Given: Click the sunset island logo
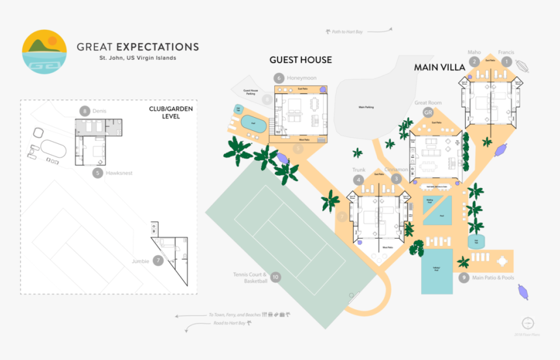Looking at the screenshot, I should (44, 52).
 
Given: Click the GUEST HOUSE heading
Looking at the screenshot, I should (301, 60).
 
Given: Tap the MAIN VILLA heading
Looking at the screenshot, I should (440, 67).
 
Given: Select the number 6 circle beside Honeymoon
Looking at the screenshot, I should (279, 78).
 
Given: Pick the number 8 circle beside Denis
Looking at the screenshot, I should (83, 111).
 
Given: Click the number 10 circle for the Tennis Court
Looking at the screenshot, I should (275, 277).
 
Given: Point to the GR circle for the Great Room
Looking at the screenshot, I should (428, 113).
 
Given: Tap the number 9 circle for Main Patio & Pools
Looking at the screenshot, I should (464, 277).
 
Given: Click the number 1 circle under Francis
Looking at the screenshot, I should (507, 62).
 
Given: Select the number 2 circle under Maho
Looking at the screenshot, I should (475, 62).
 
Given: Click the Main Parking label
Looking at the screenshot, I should (367, 107).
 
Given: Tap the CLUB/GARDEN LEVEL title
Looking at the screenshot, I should (171, 113).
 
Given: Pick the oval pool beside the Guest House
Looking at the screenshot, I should (253, 122).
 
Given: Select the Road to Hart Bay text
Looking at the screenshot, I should (227, 323).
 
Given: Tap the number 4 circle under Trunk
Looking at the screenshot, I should (358, 180).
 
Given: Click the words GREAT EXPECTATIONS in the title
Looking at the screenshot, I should (137, 47).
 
